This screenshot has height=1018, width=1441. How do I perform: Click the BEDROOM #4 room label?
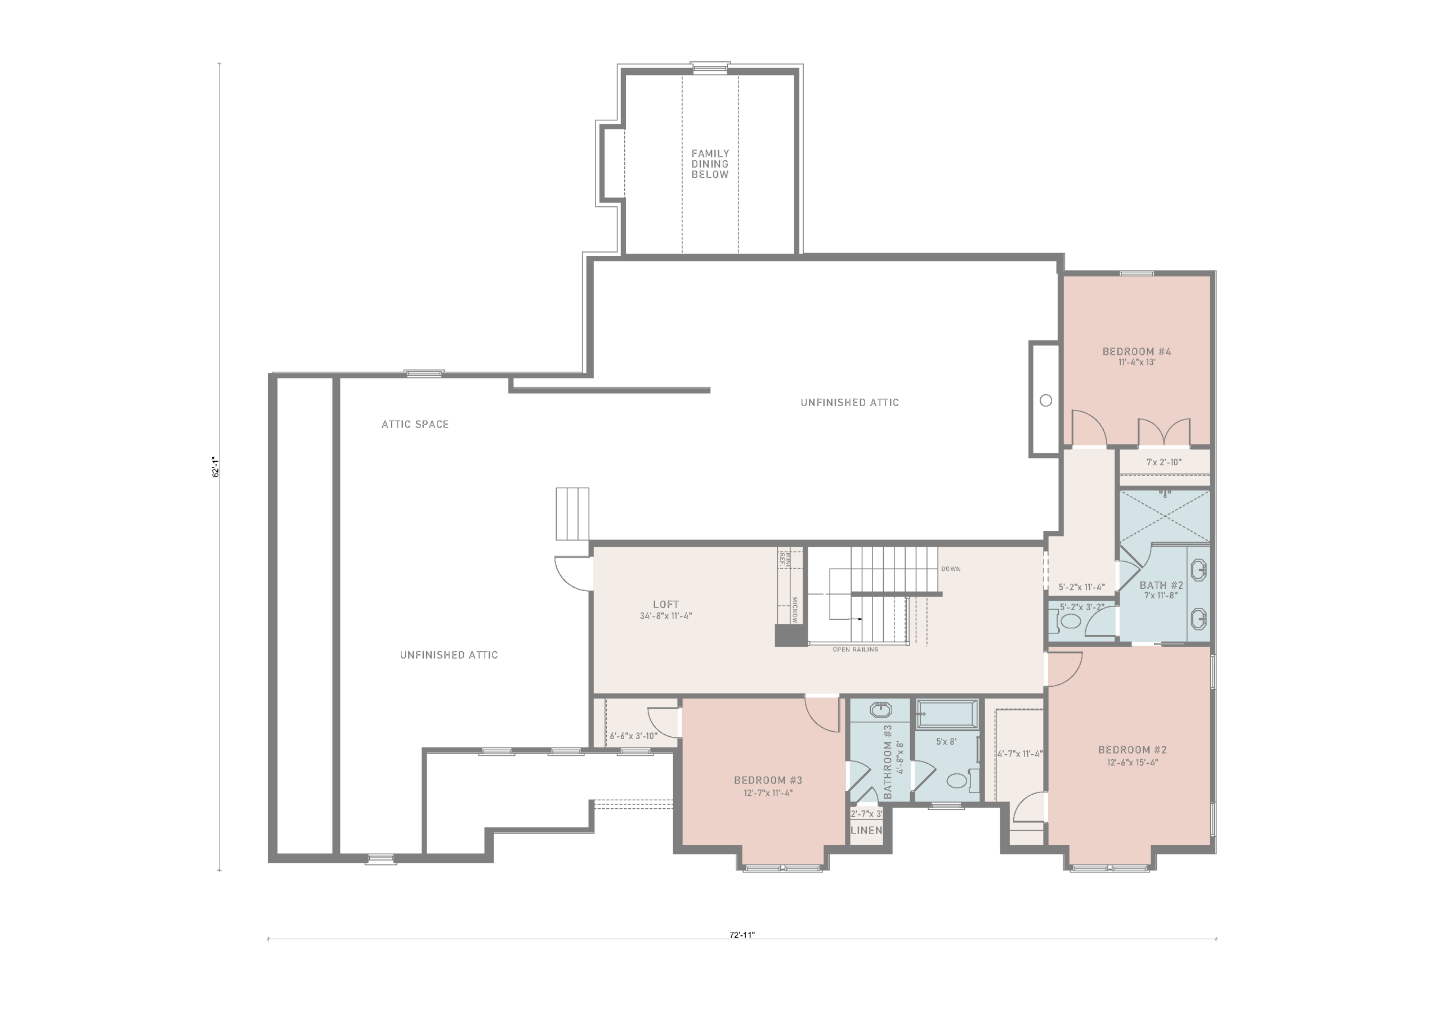point(1136,352)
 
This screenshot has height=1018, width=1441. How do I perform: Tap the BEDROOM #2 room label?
point(1132,750)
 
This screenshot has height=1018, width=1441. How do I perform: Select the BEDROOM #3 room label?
point(768,781)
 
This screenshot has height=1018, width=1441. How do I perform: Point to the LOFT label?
point(666,605)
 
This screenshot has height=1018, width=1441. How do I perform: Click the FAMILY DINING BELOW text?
point(710,164)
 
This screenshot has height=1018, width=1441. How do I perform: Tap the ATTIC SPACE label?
point(415,425)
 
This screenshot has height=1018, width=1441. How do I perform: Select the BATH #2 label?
point(1161,585)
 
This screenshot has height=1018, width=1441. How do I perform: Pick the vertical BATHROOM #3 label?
point(888,762)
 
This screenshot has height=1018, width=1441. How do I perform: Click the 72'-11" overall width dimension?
point(742,935)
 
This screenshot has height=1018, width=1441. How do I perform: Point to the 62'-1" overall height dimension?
point(215,467)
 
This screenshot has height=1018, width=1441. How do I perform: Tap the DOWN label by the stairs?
point(951,569)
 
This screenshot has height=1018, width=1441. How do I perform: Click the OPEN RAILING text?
point(856,650)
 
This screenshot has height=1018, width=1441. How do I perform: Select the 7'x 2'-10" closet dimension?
point(1163,462)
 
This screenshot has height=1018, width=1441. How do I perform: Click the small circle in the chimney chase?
point(1046,400)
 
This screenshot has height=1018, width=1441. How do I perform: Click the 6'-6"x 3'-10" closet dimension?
point(633,736)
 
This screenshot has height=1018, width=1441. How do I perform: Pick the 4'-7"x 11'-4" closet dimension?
point(1020,754)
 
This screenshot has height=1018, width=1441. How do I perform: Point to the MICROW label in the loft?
point(795,610)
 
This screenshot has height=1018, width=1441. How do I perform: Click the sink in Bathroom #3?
point(880,710)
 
